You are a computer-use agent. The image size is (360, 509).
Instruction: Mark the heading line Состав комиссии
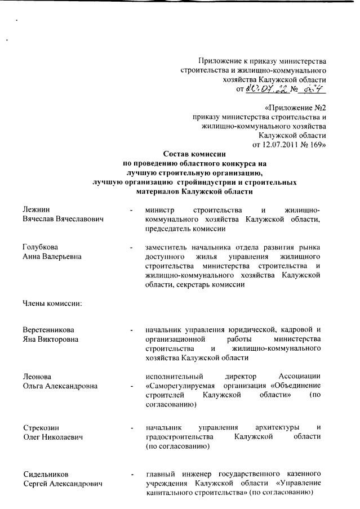point(194,153)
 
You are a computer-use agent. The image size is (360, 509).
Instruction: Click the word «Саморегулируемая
point(182,385)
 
